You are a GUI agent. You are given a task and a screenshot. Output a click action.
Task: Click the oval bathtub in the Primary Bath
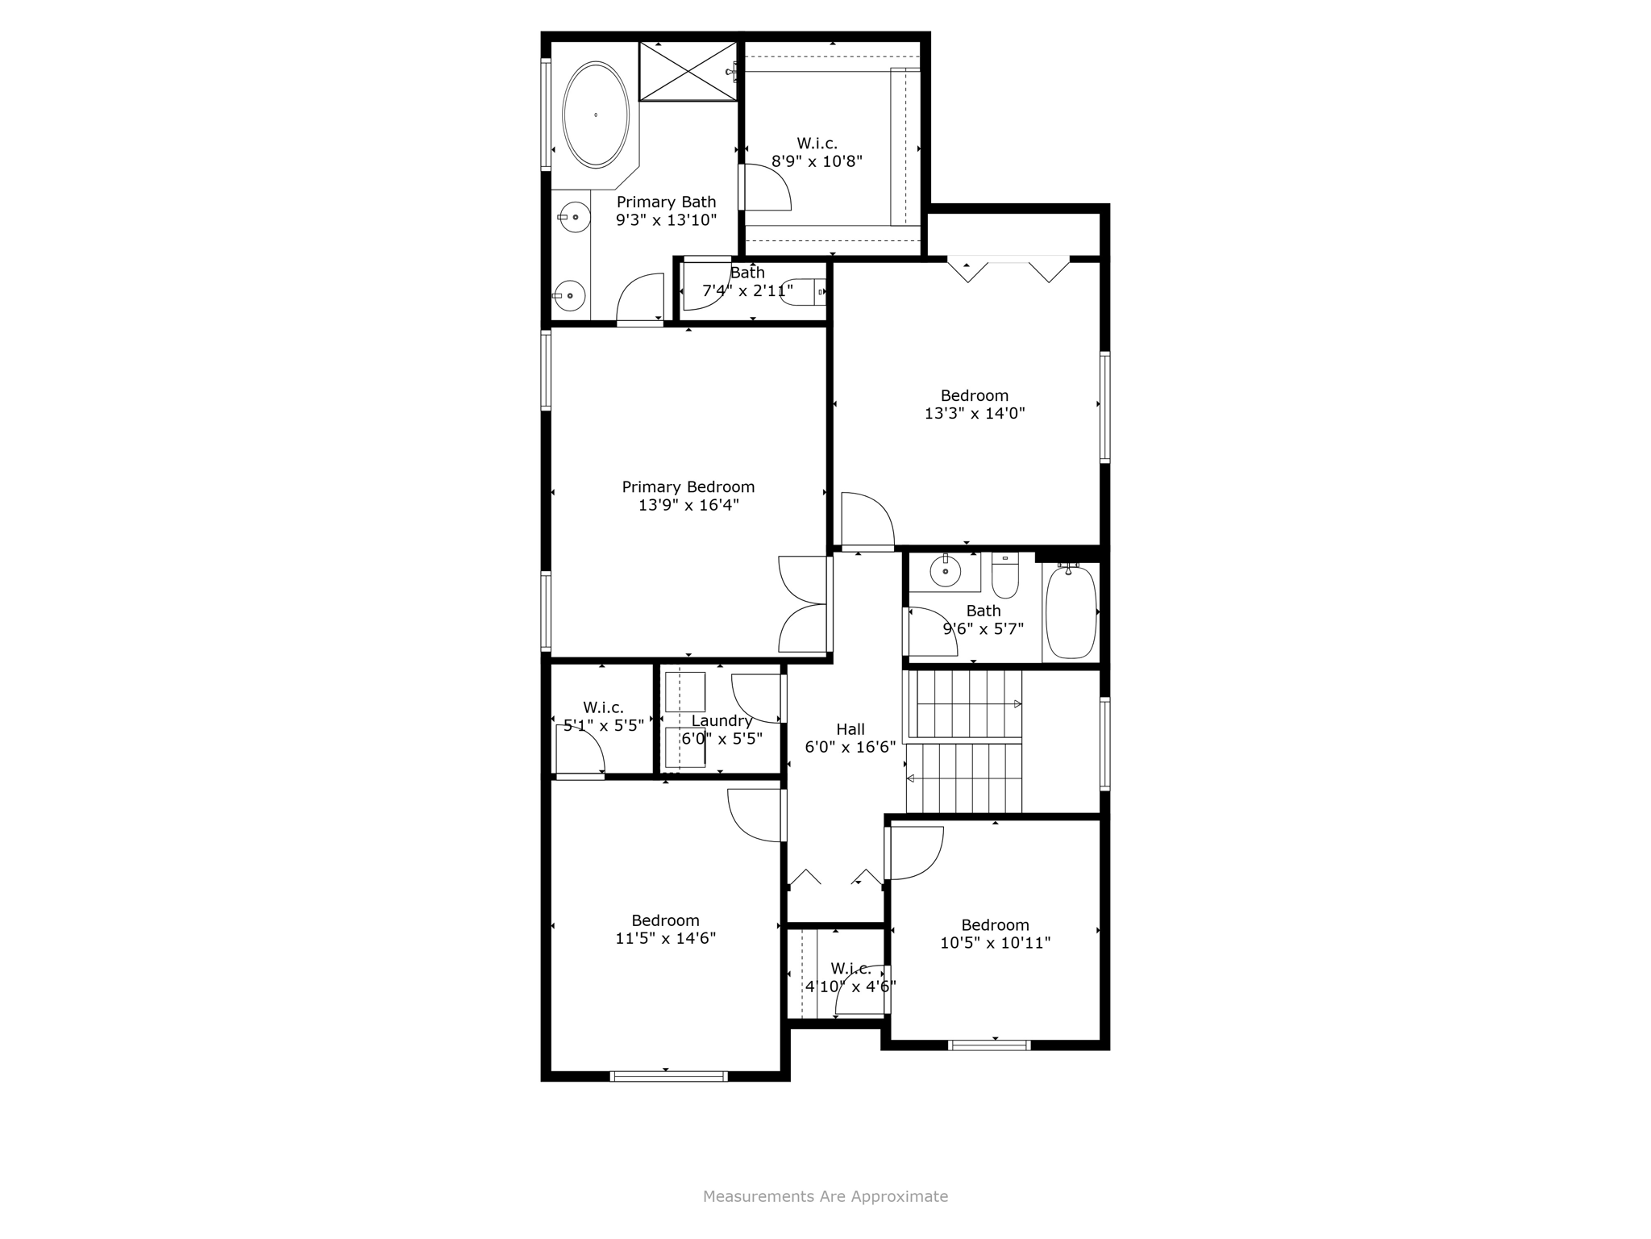[596, 115]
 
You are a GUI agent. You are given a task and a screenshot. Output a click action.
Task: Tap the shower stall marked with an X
[688, 72]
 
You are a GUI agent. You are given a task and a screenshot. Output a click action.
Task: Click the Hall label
[850, 729]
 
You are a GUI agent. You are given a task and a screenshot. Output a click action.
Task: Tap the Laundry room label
[722, 721]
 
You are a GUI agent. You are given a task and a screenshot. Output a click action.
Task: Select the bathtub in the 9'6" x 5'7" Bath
[1071, 612]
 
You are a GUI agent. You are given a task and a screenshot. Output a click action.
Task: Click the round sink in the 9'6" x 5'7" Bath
[945, 572]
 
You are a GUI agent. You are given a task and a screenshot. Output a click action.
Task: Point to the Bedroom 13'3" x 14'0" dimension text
[975, 414]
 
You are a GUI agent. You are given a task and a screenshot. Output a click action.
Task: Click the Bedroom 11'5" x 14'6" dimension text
[665, 939]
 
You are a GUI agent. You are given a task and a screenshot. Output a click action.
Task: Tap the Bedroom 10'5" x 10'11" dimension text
[995, 943]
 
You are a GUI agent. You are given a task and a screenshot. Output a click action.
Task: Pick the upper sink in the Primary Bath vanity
[574, 217]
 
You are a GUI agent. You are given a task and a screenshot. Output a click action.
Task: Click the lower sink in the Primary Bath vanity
[570, 296]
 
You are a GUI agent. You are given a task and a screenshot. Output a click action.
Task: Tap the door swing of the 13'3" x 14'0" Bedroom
[867, 520]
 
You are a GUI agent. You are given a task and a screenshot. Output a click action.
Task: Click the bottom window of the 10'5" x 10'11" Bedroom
[990, 1045]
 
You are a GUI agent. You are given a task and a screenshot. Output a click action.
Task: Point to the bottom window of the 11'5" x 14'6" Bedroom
[668, 1076]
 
